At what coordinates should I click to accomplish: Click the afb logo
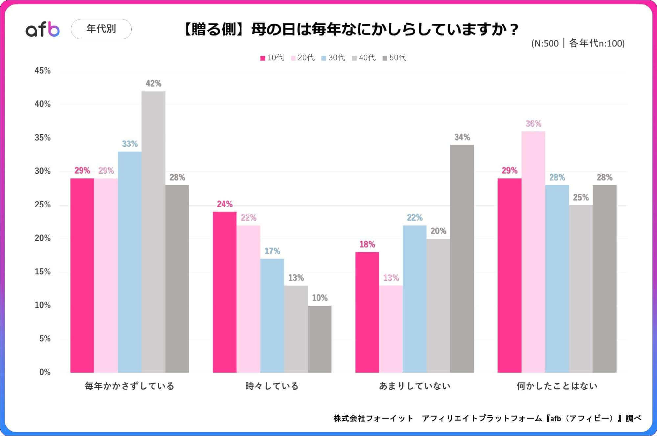tap(43, 29)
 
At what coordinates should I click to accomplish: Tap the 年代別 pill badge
tap(101, 29)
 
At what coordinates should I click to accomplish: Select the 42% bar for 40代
tap(153, 231)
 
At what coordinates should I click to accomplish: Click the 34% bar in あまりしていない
tap(462, 258)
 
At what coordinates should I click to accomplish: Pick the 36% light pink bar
tap(533, 252)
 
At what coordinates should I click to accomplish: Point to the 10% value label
tap(319, 298)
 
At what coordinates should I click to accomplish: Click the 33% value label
tap(130, 144)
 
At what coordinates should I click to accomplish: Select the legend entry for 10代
tap(272, 58)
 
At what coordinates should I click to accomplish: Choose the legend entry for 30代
tap(333, 58)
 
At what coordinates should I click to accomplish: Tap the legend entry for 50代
tap(394, 58)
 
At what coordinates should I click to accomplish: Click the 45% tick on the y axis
tap(43, 71)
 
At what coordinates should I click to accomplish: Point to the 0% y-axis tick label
tap(45, 372)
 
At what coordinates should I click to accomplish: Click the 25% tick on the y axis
tap(43, 205)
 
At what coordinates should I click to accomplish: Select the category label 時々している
tap(272, 386)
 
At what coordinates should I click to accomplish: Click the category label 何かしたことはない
tap(557, 386)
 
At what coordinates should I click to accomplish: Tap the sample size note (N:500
tap(578, 43)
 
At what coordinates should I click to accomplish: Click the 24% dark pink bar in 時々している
tap(224, 292)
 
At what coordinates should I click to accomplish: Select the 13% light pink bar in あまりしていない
tap(391, 329)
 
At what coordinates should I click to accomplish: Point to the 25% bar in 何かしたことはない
tap(581, 289)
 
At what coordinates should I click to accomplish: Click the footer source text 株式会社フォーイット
tap(373, 418)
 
